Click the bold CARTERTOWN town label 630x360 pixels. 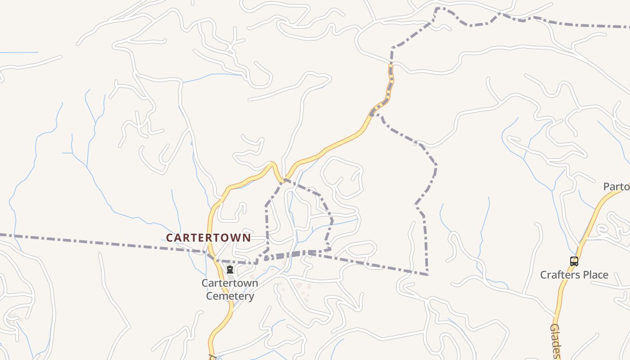[208, 238]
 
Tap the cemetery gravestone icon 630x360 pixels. [230, 270]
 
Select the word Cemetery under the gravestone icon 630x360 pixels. [230, 296]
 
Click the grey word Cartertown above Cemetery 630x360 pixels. [230, 283]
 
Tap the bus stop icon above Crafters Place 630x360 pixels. [574, 261]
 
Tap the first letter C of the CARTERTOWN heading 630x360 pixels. [170, 238]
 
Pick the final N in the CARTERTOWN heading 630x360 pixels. [247, 238]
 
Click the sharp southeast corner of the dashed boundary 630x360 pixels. [427, 274]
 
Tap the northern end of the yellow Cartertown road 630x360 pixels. [391, 67]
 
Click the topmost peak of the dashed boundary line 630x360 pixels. [438, 8]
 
